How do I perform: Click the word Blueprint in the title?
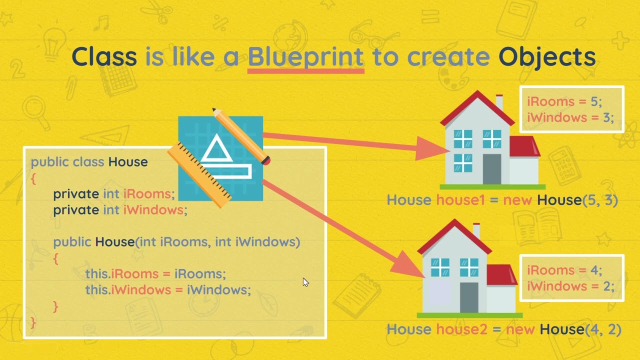[x=305, y=57]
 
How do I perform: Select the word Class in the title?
[x=104, y=56]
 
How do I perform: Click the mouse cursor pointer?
[x=305, y=282]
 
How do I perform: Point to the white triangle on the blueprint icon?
[x=216, y=149]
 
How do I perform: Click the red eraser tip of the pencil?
[x=266, y=160]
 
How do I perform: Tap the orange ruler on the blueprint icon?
[x=199, y=175]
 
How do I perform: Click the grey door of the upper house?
[x=491, y=169]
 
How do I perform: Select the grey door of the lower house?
[x=469, y=297]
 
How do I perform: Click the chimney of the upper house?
[x=499, y=102]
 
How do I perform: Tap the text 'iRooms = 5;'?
[x=564, y=101]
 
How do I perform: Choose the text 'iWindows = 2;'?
[x=570, y=286]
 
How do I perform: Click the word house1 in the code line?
[x=460, y=199]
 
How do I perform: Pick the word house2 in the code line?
[x=461, y=329]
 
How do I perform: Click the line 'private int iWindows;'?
[x=120, y=210]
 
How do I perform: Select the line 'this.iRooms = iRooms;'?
[x=155, y=273]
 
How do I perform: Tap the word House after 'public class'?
[x=128, y=162]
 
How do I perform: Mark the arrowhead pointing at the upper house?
[x=431, y=148]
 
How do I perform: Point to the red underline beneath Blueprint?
[x=305, y=71]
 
